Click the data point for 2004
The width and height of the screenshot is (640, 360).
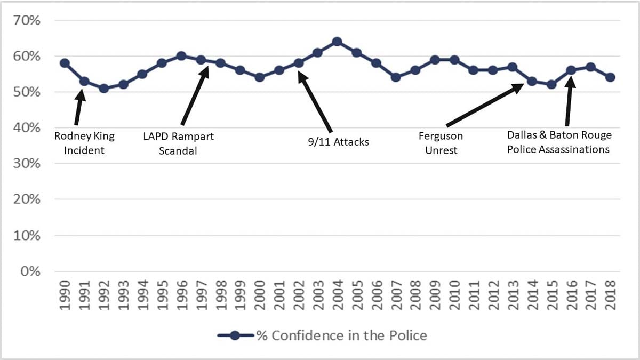(x=337, y=42)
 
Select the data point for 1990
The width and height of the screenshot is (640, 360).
(x=65, y=63)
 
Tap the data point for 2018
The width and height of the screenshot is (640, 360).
(x=610, y=77)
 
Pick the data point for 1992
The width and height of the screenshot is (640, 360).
(x=104, y=88)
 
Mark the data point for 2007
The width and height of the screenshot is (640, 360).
(x=396, y=77)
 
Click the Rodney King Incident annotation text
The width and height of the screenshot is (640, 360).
(x=84, y=143)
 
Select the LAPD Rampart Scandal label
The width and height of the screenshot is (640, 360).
(x=178, y=143)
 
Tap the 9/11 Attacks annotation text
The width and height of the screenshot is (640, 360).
(x=338, y=142)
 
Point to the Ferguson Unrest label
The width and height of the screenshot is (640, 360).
(x=441, y=143)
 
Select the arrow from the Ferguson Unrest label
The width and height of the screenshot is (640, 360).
(x=484, y=103)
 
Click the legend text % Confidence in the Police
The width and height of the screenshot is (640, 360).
(x=342, y=335)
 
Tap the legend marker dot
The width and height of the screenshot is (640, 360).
(x=235, y=335)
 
